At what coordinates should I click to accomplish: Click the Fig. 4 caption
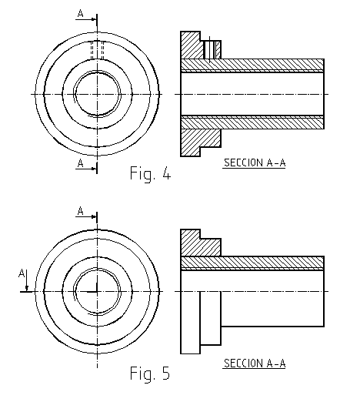150,173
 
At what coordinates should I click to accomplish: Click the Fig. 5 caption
150,374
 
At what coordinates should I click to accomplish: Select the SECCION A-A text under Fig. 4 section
255,162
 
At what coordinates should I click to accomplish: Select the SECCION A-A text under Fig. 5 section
255,363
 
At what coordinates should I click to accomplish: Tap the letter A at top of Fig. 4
81,13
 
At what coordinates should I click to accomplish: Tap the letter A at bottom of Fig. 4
81,163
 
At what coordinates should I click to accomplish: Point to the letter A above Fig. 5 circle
81,211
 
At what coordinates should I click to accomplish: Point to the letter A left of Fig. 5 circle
22,273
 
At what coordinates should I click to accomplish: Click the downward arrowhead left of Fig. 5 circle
27,288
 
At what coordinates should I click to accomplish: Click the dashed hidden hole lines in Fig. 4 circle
97,50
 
